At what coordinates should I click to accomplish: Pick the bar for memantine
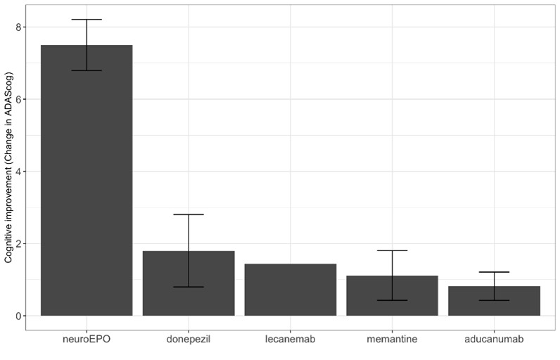click(x=392, y=296)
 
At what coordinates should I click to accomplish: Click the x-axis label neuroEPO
click(x=87, y=340)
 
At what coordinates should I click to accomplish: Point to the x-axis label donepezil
click(x=189, y=340)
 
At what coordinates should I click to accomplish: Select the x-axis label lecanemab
click(x=291, y=340)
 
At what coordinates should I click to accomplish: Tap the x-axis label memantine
click(x=392, y=340)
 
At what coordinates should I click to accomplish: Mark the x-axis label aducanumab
click(x=494, y=340)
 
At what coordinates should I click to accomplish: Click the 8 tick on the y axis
click(x=19, y=27)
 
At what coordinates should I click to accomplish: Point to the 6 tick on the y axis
click(x=19, y=99)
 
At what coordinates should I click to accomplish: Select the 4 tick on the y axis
click(x=19, y=172)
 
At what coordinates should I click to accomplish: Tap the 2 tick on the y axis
click(x=19, y=243)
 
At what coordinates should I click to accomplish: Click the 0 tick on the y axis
click(x=19, y=316)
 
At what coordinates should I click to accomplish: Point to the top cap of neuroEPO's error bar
click(x=87, y=20)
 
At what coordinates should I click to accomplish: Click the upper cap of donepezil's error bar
click(x=189, y=214)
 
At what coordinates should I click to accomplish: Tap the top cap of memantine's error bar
click(x=392, y=250)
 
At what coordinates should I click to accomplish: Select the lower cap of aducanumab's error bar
click(x=494, y=300)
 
